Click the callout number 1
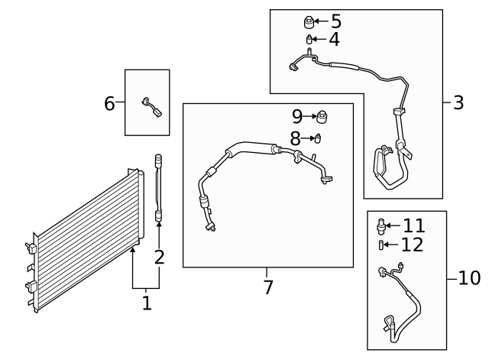coord(146,303)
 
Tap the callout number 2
coord(159,257)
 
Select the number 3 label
coord(458,102)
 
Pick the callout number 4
coord(334,39)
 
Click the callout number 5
coord(335,21)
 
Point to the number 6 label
coord(109,102)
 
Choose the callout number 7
coord(267,288)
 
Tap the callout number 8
coord(295,138)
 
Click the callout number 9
coord(297,117)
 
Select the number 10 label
coord(469,277)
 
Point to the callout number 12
coord(412,245)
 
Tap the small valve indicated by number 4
coord(309,39)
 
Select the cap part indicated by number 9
coord(324,117)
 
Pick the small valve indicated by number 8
coord(318,138)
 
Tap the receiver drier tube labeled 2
coord(159,187)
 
